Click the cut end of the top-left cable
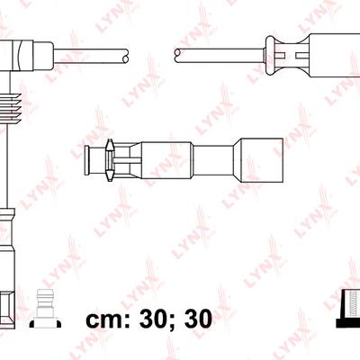[x=126, y=56]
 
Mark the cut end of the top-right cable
[x=177, y=56]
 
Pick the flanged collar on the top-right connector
[x=270, y=56]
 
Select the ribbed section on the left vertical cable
[x=12, y=109]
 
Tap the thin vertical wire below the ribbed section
[x=6, y=166]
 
